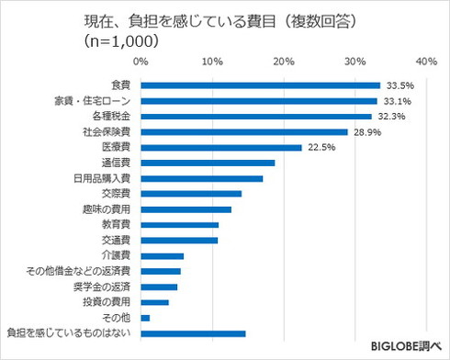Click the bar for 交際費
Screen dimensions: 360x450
(191, 194)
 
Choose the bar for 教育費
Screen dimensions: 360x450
(180, 225)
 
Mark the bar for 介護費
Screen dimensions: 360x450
(163, 256)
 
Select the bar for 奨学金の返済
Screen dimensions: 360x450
(159, 287)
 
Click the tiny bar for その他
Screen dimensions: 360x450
(145, 318)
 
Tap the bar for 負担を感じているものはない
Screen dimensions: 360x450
(193, 333)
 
